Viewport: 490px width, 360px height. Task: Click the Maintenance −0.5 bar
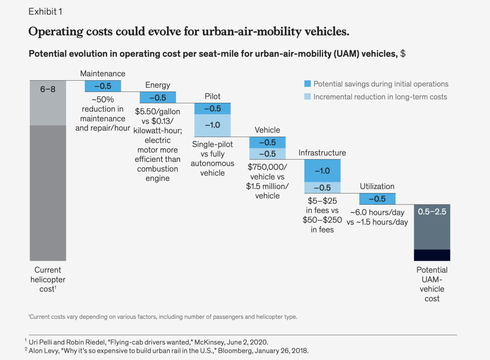point(103,86)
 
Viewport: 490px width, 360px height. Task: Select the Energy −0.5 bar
point(158,97)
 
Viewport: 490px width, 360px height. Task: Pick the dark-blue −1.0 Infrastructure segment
point(322,171)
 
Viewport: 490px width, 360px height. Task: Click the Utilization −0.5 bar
point(377,199)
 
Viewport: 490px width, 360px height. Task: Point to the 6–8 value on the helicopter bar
point(48,89)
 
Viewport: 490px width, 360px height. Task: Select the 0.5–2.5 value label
point(432,212)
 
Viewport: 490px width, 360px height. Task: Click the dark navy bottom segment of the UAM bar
point(432,255)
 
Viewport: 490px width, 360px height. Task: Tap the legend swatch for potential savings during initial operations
point(307,84)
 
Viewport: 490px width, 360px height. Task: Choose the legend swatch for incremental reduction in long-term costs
point(307,97)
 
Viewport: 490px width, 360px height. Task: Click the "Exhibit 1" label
point(45,12)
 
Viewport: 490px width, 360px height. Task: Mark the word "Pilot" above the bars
point(212,97)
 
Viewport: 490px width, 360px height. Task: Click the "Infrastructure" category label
point(322,153)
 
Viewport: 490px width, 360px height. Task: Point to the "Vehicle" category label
point(267,130)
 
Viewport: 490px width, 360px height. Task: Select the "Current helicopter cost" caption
point(48,279)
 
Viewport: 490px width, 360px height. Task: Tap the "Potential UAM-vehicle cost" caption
point(432,284)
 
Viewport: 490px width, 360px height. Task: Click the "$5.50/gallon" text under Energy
point(158,111)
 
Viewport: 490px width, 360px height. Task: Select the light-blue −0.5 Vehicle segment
point(267,154)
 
